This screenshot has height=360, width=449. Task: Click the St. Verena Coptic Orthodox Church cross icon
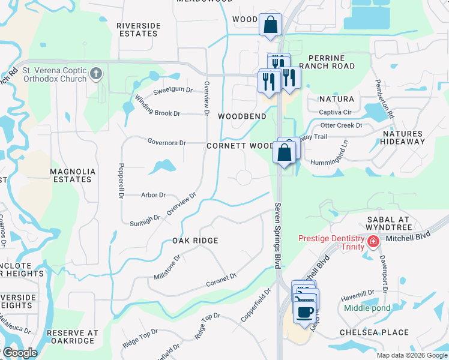95,74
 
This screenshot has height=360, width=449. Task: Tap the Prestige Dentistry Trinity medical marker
373,242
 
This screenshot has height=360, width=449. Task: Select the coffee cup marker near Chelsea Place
306,312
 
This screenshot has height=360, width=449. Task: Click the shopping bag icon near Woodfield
270,25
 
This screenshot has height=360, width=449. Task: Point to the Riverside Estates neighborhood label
139,29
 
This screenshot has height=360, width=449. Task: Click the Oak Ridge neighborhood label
195,241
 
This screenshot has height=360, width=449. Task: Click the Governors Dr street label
167,142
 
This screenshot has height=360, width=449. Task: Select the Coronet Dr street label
221,280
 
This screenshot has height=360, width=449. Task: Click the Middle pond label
367,308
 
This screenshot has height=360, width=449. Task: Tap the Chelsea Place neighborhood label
374,332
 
